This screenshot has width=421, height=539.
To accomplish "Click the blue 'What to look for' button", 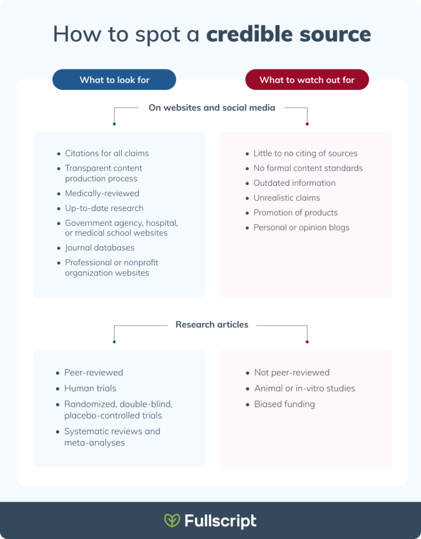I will pos(114,80).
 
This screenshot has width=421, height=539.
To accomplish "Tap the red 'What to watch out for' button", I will pos(307,80).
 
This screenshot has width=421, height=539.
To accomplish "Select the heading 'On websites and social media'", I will pos(212,108).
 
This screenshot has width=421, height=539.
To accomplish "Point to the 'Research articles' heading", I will pos(212,325).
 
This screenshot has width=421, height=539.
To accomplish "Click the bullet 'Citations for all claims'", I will pos(106,154).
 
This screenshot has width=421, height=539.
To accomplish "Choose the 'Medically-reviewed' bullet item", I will pos(102,193).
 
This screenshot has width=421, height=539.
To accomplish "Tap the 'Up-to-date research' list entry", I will pos(104,208).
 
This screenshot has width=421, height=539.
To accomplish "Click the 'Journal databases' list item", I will pos(99,248).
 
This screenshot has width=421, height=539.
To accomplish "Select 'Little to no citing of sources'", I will pos(305,154).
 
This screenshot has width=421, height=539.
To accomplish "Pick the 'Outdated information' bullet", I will pos(294,183).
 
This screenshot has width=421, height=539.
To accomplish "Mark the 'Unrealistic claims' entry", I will pos(287,198).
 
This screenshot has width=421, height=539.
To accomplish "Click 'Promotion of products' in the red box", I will pos(295,213).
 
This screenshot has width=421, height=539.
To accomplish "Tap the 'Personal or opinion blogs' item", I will pos(301,227).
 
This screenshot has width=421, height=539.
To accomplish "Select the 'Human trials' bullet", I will pos(90,388).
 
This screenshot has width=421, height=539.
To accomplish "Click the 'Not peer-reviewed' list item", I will pos(291,373).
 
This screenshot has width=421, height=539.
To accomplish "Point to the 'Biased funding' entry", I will pos(284,404).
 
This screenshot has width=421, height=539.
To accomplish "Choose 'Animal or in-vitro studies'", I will pos(304,388).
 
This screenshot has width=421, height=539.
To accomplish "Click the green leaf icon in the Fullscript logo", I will pos(172,521).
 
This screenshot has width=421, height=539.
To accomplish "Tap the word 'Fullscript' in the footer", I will pos(220,521).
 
